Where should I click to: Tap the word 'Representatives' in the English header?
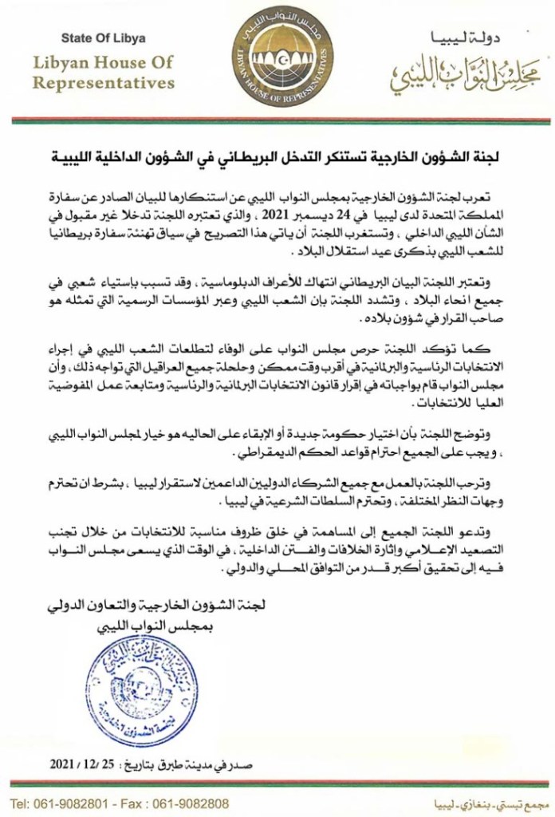click(103, 82)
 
